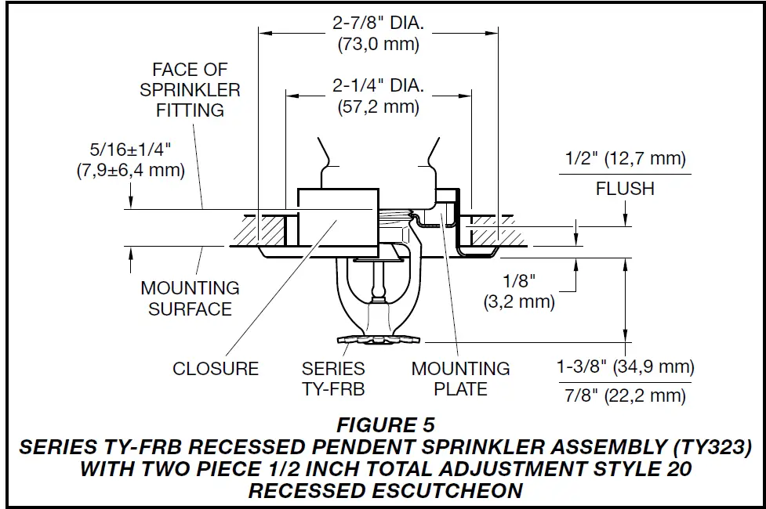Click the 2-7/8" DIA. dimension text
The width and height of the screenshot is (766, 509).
click(x=379, y=23)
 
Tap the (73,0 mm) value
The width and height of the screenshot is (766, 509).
click(x=379, y=44)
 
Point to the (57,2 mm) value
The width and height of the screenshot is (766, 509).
click(x=379, y=107)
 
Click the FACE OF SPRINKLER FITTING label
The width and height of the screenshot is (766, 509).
click(x=191, y=90)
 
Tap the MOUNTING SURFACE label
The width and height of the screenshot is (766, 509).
click(x=191, y=298)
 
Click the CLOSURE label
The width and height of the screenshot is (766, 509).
click(x=216, y=369)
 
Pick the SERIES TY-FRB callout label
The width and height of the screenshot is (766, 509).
click(x=334, y=377)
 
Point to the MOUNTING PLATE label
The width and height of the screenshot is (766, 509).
click(x=461, y=377)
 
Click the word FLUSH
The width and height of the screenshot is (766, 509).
click(x=625, y=189)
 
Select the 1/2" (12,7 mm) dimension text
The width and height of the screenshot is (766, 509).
click(x=625, y=160)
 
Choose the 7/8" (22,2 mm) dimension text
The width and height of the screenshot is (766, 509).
click(x=625, y=396)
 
